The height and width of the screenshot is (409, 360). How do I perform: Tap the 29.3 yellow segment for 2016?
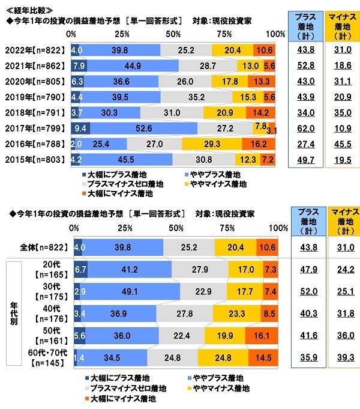pos(212,144)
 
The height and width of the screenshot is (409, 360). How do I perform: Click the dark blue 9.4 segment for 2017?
pos(80,127)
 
